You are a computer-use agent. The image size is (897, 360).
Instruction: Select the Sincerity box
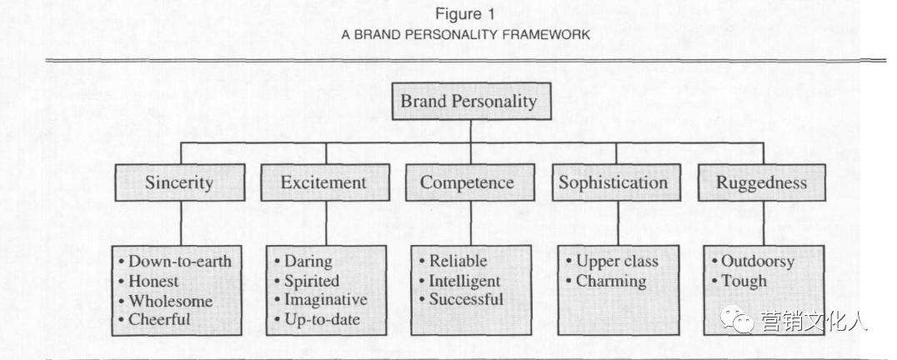pyautogui.click(x=180, y=182)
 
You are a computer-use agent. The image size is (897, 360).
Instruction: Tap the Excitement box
pyautogui.click(x=324, y=182)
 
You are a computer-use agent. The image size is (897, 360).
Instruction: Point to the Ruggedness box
pyautogui.click(x=764, y=182)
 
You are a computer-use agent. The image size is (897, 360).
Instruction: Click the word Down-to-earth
pyautogui.click(x=179, y=262)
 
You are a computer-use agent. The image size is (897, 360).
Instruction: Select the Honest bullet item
pyautogui.click(x=154, y=282)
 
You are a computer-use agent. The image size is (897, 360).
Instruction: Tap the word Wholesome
pyautogui.click(x=170, y=301)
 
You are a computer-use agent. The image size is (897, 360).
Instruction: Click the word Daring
pyautogui.click(x=308, y=262)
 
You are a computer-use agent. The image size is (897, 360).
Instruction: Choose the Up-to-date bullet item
pyautogui.click(x=319, y=319)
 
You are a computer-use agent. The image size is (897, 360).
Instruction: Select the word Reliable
pyautogui.click(x=458, y=262)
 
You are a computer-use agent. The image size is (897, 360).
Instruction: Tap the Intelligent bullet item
pyautogui.click(x=464, y=281)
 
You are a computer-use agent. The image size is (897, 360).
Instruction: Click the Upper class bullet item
pyautogui.click(x=617, y=262)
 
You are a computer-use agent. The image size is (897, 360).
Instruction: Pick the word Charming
pyautogui.click(x=611, y=281)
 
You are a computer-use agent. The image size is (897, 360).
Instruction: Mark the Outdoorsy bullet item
pyautogui.click(x=757, y=262)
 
